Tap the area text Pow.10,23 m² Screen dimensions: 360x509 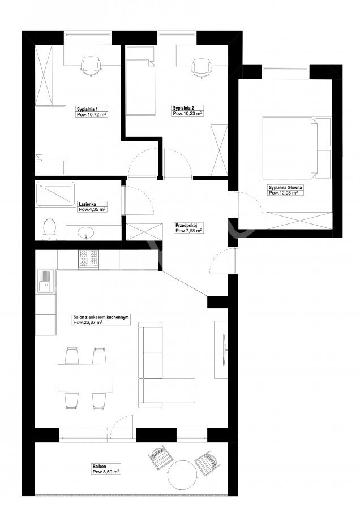click(x=187, y=114)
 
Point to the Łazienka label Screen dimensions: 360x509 click(x=87, y=204)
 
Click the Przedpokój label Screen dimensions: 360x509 click(x=185, y=225)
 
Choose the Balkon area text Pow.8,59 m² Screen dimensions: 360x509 click(x=106, y=472)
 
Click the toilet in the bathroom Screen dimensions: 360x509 click(x=49, y=230)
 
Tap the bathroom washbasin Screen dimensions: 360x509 click(x=86, y=233)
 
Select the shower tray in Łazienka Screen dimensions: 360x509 click(x=55, y=194)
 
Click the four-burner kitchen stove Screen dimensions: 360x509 click(x=88, y=258)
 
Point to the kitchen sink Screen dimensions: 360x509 click(x=45, y=281)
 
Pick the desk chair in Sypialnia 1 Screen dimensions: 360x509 click(x=91, y=66)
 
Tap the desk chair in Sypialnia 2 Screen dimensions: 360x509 click(x=202, y=68)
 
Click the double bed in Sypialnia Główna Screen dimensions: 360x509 click(x=289, y=148)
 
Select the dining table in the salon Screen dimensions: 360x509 click(x=86, y=378)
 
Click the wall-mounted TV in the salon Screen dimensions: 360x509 click(x=224, y=350)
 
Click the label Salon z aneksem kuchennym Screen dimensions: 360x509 click(x=101, y=317)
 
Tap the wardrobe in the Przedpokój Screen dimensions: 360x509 click(x=144, y=232)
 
